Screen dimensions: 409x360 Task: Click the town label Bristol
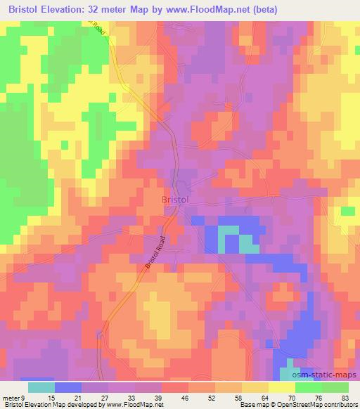[x=175, y=200]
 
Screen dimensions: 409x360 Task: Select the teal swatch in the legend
[x=41, y=387]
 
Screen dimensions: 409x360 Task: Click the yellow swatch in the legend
[x=281, y=387]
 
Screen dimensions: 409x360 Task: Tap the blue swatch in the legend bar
[x=68, y=387]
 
